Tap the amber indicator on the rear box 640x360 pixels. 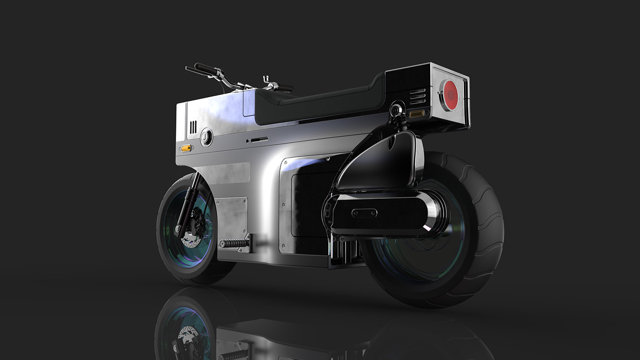pyautogui.click(x=417, y=114)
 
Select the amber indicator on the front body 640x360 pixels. pyautogui.click(x=186, y=148)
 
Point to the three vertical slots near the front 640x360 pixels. pyautogui.click(x=193, y=127)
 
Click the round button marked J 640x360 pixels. pyautogui.click(x=206, y=136)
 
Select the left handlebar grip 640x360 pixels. pyautogui.click(x=205, y=69)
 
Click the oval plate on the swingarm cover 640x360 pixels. pyautogui.click(x=364, y=212)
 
